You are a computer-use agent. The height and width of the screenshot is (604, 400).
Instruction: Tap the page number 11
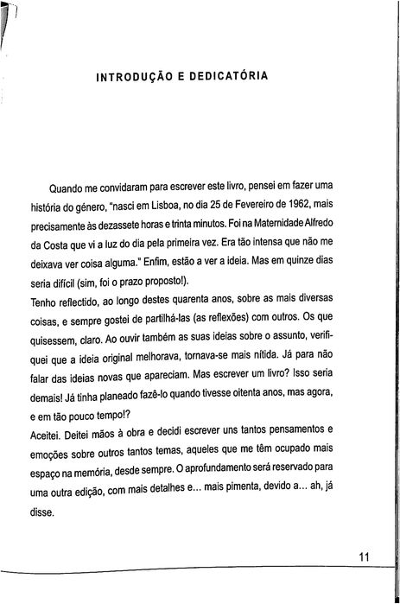365,556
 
